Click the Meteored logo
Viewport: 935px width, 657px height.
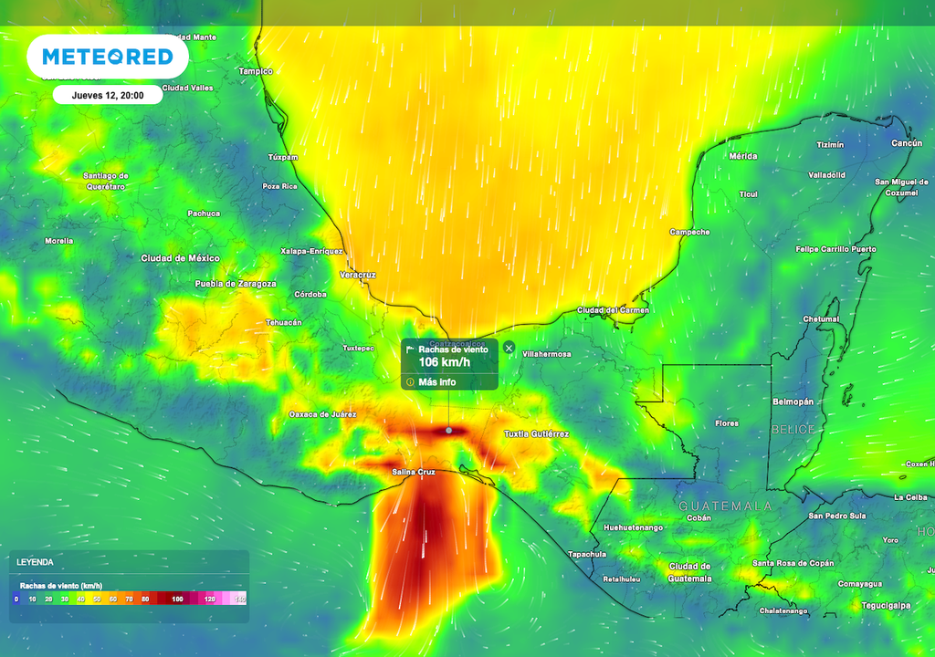click(108, 57)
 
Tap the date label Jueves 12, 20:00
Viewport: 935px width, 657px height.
click(108, 95)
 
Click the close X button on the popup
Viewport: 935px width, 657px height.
click(510, 348)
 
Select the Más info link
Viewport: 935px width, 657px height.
click(436, 382)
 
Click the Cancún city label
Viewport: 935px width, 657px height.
click(906, 143)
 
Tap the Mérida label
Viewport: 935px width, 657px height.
click(742, 156)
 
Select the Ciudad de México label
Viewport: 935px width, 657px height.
click(180, 258)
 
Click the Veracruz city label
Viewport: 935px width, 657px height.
click(357, 274)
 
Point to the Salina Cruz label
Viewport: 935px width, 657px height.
click(412, 472)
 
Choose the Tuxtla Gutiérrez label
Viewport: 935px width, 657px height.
click(536, 434)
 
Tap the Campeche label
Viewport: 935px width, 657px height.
click(689, 232)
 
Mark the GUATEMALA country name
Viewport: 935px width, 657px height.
click(725, 506)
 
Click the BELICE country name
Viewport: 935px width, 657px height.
click(792, 429)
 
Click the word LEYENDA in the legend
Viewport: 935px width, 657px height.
click(34, 562)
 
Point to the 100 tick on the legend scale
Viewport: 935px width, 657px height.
click(178, 599)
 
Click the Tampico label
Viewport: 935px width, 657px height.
click(255, 70)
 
